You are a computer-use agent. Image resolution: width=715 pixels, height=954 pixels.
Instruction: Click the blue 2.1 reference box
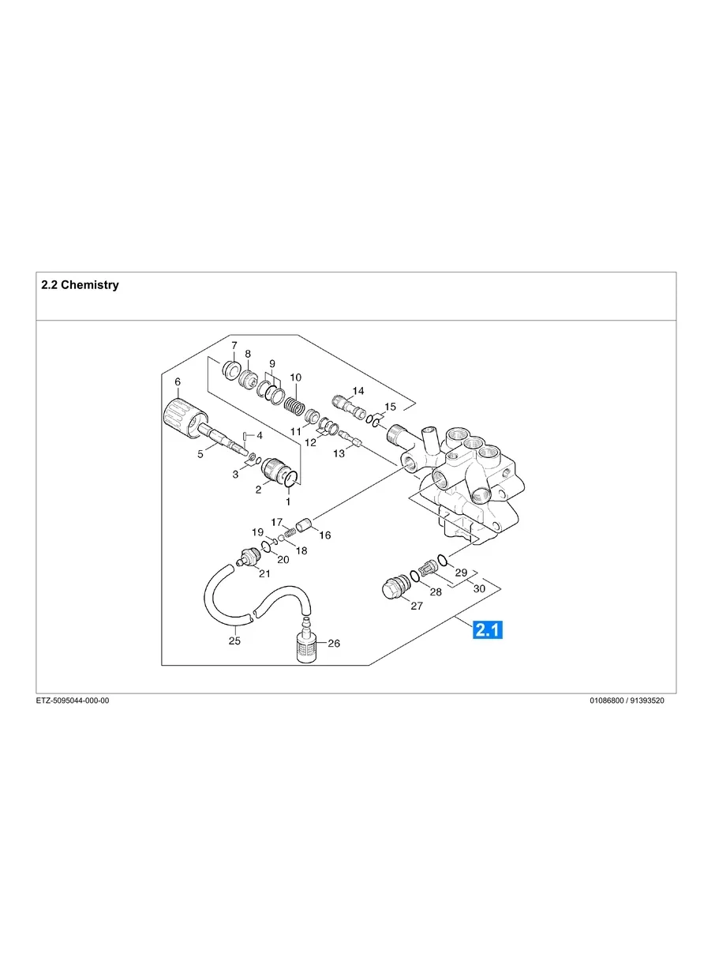[488, 629]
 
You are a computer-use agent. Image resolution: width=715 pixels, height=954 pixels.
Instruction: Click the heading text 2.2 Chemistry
[80, 285]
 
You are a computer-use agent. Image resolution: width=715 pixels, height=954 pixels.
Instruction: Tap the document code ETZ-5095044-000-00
[73, 700]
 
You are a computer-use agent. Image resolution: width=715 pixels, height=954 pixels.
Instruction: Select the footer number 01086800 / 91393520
[627, 700]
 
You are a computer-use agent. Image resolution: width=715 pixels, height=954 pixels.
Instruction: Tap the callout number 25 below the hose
[234, 640]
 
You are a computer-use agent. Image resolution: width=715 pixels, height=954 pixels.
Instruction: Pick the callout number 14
[358, 391]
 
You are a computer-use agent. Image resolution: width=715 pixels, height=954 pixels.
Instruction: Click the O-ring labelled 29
[444, 560]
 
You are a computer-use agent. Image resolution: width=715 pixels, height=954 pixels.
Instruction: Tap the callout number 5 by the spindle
[200, 453]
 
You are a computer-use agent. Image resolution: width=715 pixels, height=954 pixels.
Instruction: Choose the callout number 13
[339, 453]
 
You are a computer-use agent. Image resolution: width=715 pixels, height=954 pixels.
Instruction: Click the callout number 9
[272, 364]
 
